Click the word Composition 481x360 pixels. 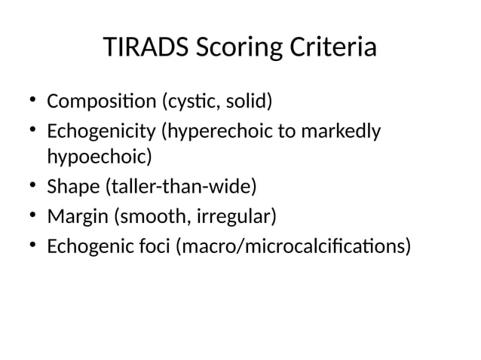point(99,100)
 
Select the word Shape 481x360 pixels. point(72,187)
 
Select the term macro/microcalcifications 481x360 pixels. point(294,247)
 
